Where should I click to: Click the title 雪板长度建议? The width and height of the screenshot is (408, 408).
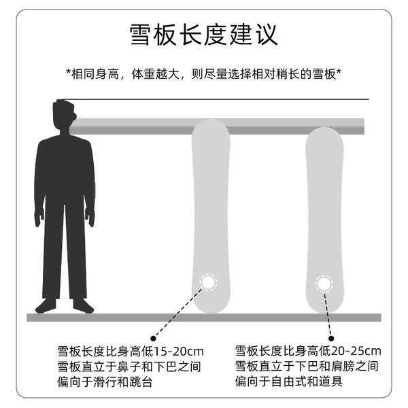point(204,35)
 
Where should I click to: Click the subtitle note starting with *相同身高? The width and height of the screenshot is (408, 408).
point(204,74)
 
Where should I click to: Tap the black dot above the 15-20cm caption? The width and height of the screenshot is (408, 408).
point(153,338)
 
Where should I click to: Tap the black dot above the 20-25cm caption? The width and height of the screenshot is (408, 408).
point(331,338)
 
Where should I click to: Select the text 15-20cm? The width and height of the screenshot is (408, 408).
point(179,352)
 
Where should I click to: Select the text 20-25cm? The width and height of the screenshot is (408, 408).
point(356,351)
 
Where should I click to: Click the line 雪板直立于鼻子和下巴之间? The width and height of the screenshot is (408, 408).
point(129,367)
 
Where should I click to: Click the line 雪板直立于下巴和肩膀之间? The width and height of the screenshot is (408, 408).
point(307,367)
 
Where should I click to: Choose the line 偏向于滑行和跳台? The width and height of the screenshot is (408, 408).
point(105,382)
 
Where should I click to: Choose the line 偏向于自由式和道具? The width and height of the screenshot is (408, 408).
point(288,381)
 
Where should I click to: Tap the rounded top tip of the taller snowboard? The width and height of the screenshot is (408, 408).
point(211,120)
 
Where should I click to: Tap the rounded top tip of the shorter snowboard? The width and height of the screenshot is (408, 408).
point(324,128)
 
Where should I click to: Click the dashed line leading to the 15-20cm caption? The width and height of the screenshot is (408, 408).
point(178,313)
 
